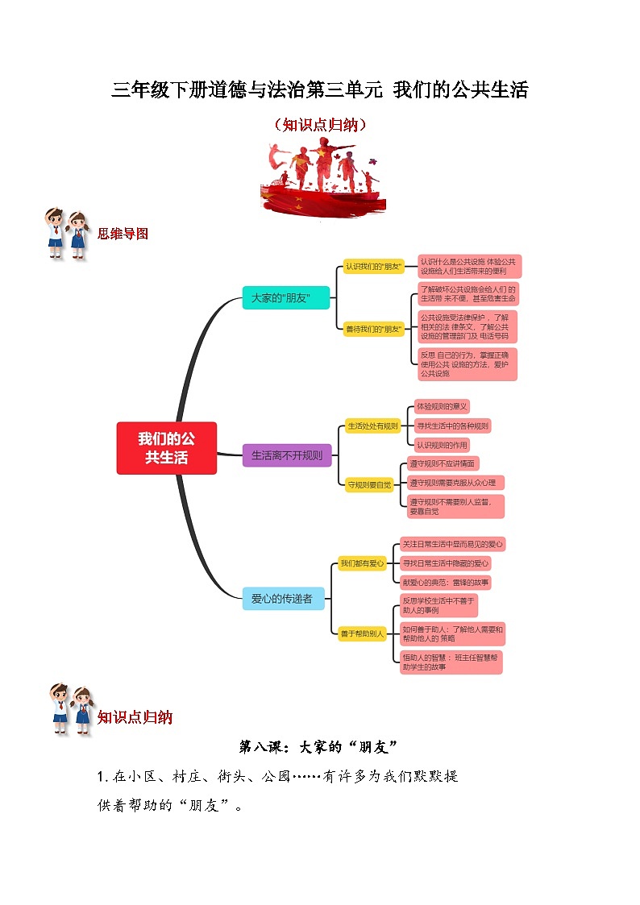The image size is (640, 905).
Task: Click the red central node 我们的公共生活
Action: [x=166, y=448]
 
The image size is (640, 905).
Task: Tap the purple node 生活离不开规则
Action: [x=286, y=455]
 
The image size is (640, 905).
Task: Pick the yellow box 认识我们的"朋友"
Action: [x=373, y=266]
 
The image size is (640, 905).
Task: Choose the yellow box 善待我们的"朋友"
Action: [x=373, y=329]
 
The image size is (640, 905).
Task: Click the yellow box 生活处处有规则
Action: [x=372, y=426]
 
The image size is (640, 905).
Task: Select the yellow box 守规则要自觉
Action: [x=368, y=485]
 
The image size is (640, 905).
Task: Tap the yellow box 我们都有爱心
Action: [x=362, y=563]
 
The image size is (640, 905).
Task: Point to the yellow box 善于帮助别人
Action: [x=362, y=633]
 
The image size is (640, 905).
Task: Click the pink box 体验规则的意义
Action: [x=441, y=406]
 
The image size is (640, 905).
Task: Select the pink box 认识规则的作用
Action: [x=441, y=445]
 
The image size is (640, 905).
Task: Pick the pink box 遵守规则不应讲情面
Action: [x=443, y=463]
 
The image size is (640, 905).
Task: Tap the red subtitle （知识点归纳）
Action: [x=320, y=125]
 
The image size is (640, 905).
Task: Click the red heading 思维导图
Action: [x=123, y=234]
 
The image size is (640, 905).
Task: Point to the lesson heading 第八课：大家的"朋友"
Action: [x=320, y=746]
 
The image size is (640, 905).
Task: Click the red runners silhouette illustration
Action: [x=320, y=177]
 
